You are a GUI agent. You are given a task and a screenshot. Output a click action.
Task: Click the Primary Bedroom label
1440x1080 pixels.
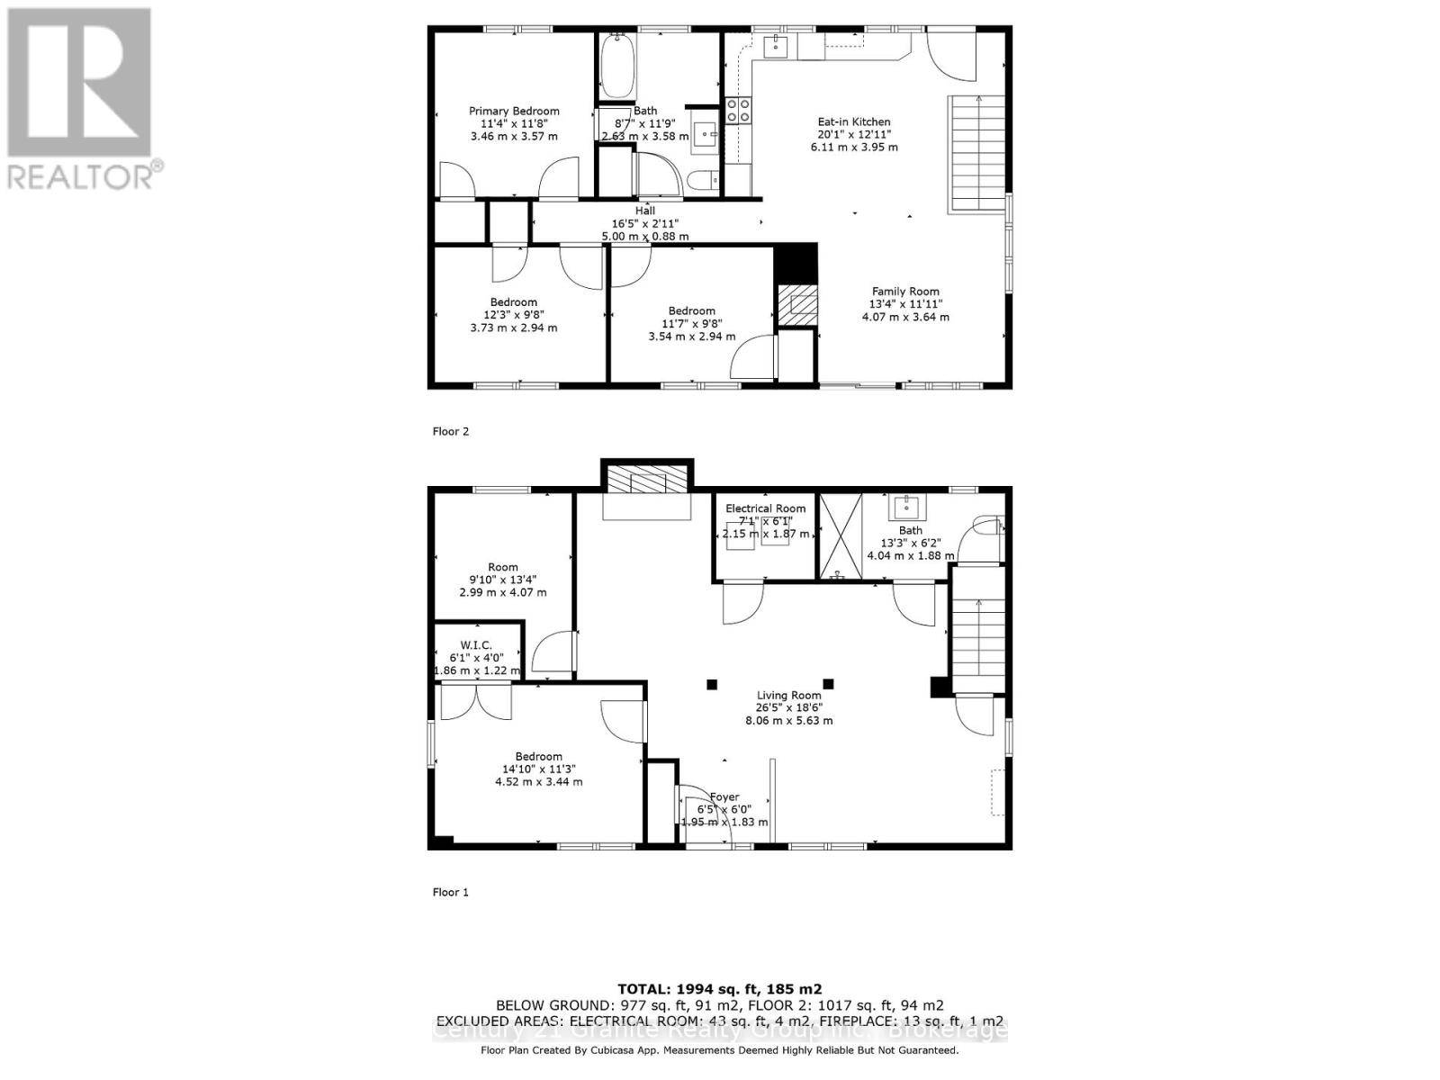(x=514, y=112)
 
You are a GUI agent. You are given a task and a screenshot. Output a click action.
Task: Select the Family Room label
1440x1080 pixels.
(x=905, y=292)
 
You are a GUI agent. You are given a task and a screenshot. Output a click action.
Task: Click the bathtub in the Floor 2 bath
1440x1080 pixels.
(x=617, y=67)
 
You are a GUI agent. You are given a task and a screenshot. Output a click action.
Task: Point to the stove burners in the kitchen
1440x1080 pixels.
(x=739, y=110)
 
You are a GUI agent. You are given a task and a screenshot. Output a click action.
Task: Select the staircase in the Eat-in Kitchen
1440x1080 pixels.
(x=976, y=154)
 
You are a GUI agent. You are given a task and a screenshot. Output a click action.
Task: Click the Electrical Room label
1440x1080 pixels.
(x=766, y=508)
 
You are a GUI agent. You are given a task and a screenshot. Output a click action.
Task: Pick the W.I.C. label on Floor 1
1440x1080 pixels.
(x=476, y=645)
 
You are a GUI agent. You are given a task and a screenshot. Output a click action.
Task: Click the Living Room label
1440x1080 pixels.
(x=788, y=696)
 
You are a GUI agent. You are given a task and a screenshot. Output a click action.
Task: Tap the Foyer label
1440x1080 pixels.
(x=724, y=797)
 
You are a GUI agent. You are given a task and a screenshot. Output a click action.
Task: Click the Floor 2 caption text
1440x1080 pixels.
(x=451, y=432)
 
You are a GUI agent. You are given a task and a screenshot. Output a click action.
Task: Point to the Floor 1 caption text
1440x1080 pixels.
(x=451, y=893)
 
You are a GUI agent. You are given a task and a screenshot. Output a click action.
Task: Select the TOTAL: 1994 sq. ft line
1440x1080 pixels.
(x=719, y=989)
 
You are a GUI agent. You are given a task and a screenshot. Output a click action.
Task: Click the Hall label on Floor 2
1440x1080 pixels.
(x=645, y=211)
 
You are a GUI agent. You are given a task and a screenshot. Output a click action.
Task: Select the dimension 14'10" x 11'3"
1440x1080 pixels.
(x=538, y=769)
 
